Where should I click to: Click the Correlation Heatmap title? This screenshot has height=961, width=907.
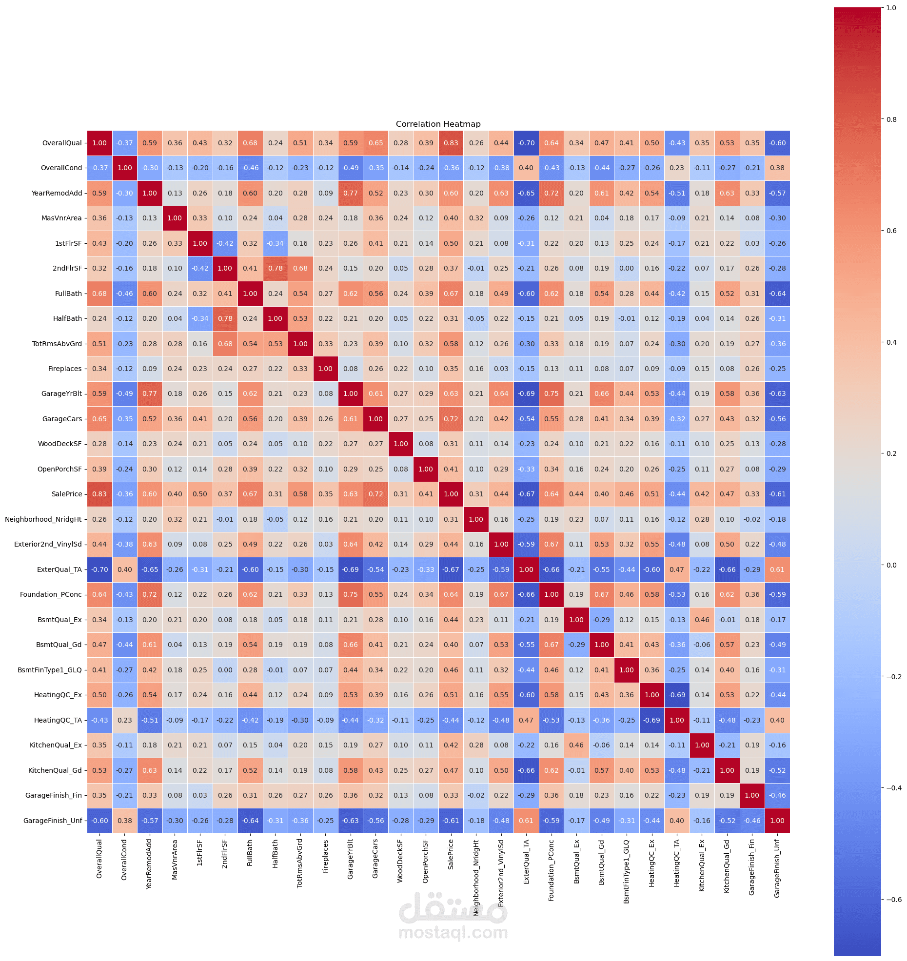pyautogui.click(x=438, y=124)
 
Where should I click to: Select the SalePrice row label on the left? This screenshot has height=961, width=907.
pyautogui.click(x=67, y=494)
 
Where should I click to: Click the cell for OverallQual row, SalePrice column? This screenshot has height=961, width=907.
pyautogui.click(x=451, y=143)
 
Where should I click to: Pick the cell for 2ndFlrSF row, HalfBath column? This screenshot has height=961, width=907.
pyautogui.click(x=275, y=268)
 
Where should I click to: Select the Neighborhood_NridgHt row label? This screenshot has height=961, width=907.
pyautogui.click(x=43, y=519)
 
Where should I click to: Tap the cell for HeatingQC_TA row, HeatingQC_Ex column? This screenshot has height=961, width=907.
pyautogui.click(x=651, y=720)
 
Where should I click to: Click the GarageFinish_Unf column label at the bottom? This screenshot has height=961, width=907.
pyautogui.click(x=777, y=868)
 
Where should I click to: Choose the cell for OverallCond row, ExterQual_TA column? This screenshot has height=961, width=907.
pyautogui.click(x=526, y=168)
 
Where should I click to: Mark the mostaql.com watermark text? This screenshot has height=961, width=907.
pyautogui.click(x=453, y=932)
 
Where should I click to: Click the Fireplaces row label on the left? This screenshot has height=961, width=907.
pyautogui.click(x=65, y=369)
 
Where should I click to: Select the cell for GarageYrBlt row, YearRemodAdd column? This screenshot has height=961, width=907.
pyautogui.click(x=150, y=393)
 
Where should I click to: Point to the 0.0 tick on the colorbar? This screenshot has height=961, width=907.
pyautogui.click(x=891, y=565)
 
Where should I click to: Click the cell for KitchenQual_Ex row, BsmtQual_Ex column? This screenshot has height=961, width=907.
pyautogui.click(x=576, y=745)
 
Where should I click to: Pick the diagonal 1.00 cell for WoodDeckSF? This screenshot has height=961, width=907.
pyautogui.click(x=400, y=444)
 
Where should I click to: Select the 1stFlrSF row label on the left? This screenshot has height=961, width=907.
pyautogui.click(x=68, y=243)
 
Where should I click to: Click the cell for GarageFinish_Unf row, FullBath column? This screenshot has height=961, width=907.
pyautogui.click(x=250, y=821)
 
